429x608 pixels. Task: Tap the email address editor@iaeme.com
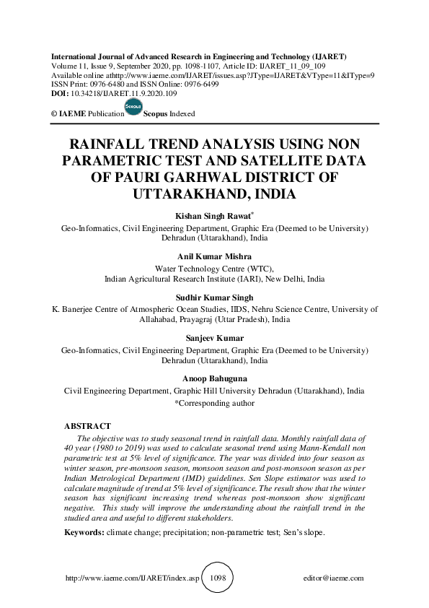pos(334,578)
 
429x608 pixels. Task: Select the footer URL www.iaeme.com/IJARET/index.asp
pos(132,578)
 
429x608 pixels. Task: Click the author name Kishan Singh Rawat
pos(213,216)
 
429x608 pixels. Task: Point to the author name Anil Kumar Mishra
pos(214,256)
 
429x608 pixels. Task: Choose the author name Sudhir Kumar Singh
pos(214,297)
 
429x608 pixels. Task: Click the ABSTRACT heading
pos(87,427)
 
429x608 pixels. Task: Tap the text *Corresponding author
pos(214,404)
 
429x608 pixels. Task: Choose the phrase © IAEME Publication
pos(83,114)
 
